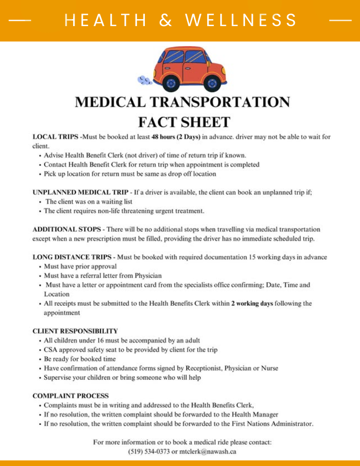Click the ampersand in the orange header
[x=165, y=21]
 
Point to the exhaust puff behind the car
[x=145, y=81]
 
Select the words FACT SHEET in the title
[x=184, y=122]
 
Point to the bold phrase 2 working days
[x=252, y=304]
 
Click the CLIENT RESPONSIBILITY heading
[x=75, y=331]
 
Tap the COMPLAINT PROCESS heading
[x=70, y=396]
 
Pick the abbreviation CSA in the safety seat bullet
[x=51, y=350]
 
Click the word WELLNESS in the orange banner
[x=241, y=21]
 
